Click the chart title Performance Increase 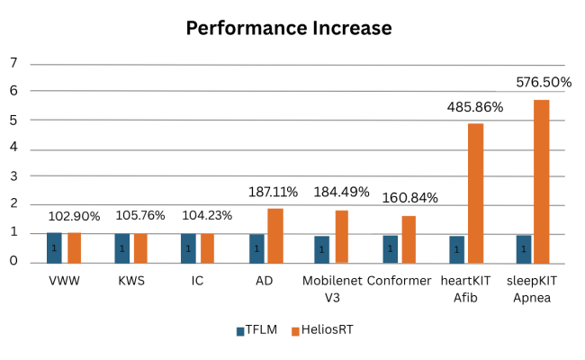tap(289, 28)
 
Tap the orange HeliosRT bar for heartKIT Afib tap(475, 193)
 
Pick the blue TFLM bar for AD tap(256, 248)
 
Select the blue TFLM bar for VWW tap(54, 247)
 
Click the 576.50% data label tap(544, 82)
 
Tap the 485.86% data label tap(475, 107)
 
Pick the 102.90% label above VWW tap(75, 216)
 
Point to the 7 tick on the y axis tap(13, 63)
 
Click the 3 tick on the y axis tap(13, 176)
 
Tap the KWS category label tap(131, 281)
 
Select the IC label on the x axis tap(197, 281)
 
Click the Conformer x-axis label tap(400, 281)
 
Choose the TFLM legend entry tap(256, 330)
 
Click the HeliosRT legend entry tap(321, 330)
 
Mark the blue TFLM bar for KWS tap(122, 248)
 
